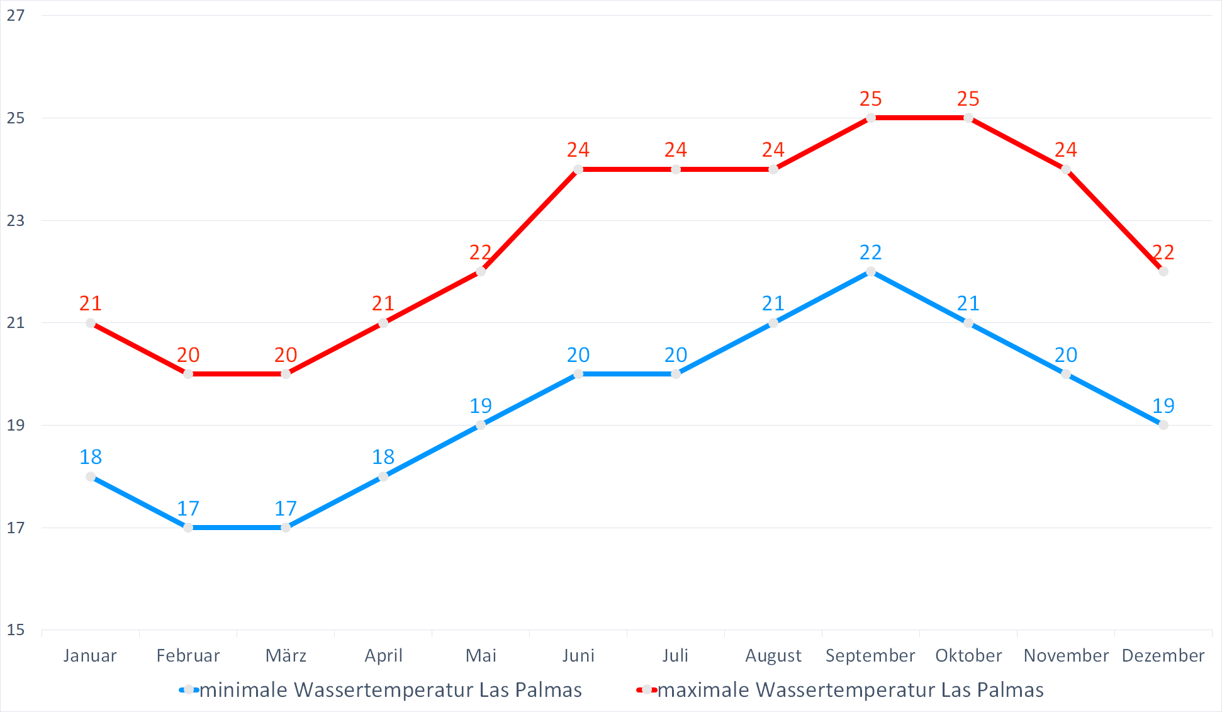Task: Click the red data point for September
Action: tap(871, 118)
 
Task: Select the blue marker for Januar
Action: tap(91, 477)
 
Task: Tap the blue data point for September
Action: tap(871, 271)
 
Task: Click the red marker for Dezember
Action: tap(1163, 271)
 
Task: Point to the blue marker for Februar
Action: tap(188, 528)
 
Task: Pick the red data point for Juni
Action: tap(578, 169)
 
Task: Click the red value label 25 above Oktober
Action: tap(968, 99)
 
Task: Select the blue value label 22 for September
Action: tap(871, 252)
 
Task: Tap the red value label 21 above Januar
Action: tap(91, 303)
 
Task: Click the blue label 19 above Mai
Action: tap(481, 406)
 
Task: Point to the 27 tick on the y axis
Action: tap(16, 16)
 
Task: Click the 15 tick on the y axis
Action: tap(16, 630)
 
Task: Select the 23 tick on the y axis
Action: tap(16, 220)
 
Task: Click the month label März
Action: tap(286, 656)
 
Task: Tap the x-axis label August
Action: tap(773, 656)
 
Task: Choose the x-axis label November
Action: tap(1066, 656)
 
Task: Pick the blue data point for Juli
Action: tap(676, 374)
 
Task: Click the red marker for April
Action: tap(383, 323)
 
